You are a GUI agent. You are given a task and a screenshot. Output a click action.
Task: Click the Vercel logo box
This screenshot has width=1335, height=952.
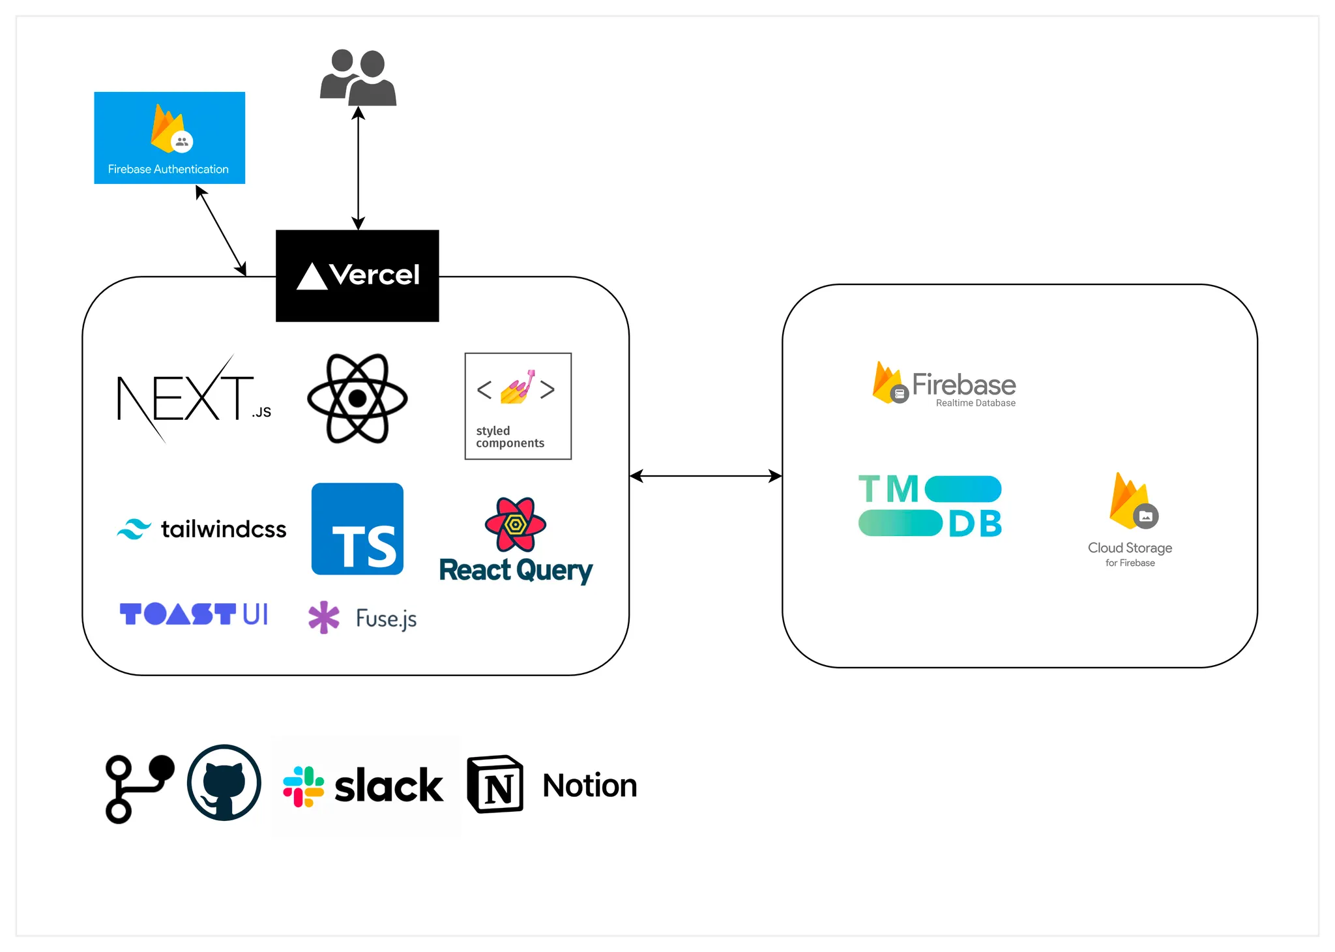click(357, 275)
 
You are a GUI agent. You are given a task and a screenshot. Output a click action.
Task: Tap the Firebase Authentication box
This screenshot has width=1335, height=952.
click(169, 138)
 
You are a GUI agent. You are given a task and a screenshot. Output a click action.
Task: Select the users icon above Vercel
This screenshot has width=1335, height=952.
click(358, 78)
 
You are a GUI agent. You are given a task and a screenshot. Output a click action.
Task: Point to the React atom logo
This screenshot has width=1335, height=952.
click(357, 398)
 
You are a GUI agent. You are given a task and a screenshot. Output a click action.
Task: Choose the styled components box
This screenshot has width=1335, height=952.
click(518, 406)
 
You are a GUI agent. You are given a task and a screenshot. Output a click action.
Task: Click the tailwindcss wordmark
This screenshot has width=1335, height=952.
click(224, 529)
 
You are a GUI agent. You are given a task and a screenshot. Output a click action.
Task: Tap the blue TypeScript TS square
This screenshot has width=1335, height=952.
click(357, 529)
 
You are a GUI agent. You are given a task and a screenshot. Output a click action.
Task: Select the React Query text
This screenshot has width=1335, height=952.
click(516, 571)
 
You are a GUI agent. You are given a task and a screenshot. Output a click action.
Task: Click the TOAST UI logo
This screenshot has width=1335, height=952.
click(194, 614)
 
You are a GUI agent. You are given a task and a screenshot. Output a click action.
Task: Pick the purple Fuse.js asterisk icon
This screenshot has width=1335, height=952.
click(324, 617)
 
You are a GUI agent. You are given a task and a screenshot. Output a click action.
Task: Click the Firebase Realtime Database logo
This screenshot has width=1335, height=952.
click(944, 385)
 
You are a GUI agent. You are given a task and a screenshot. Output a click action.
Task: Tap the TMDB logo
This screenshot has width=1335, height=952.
click(930, 507)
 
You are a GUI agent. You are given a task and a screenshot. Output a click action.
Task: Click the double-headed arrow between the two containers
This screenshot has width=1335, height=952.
click(705, 476)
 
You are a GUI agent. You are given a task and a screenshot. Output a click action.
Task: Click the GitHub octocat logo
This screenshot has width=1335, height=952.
click(224, 782)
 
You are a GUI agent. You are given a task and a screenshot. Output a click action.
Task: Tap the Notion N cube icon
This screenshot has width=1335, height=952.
click(495, 784)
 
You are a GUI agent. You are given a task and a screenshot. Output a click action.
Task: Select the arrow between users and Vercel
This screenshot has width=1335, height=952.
click(358, 168)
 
